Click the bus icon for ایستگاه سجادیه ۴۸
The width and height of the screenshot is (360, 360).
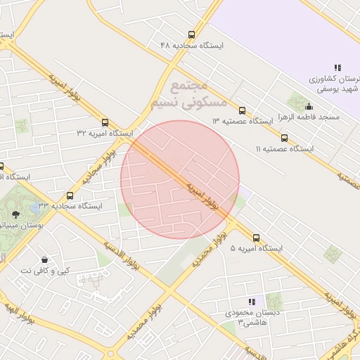click(191, 34)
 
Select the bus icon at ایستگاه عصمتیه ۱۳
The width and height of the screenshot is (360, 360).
click(242, 110)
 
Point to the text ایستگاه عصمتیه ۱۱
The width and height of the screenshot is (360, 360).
click(285, 149)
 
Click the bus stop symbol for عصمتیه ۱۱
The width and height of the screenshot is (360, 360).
click(284, 139)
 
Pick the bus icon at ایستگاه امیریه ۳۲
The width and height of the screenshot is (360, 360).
click(105, 122)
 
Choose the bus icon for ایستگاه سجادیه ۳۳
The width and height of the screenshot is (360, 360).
click(70, 196)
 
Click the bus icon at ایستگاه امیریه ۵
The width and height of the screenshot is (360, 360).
click(256, 238)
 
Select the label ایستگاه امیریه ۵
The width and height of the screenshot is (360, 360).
click(256, 248)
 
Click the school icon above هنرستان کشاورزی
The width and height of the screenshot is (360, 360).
click(338, 67)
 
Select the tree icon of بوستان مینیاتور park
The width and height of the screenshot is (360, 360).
click(15, 212)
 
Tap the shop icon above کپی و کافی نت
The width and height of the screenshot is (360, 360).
click(45, 260)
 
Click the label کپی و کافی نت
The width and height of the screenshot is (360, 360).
click(45, 271)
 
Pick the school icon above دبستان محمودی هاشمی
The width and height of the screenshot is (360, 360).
click(252, 302)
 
